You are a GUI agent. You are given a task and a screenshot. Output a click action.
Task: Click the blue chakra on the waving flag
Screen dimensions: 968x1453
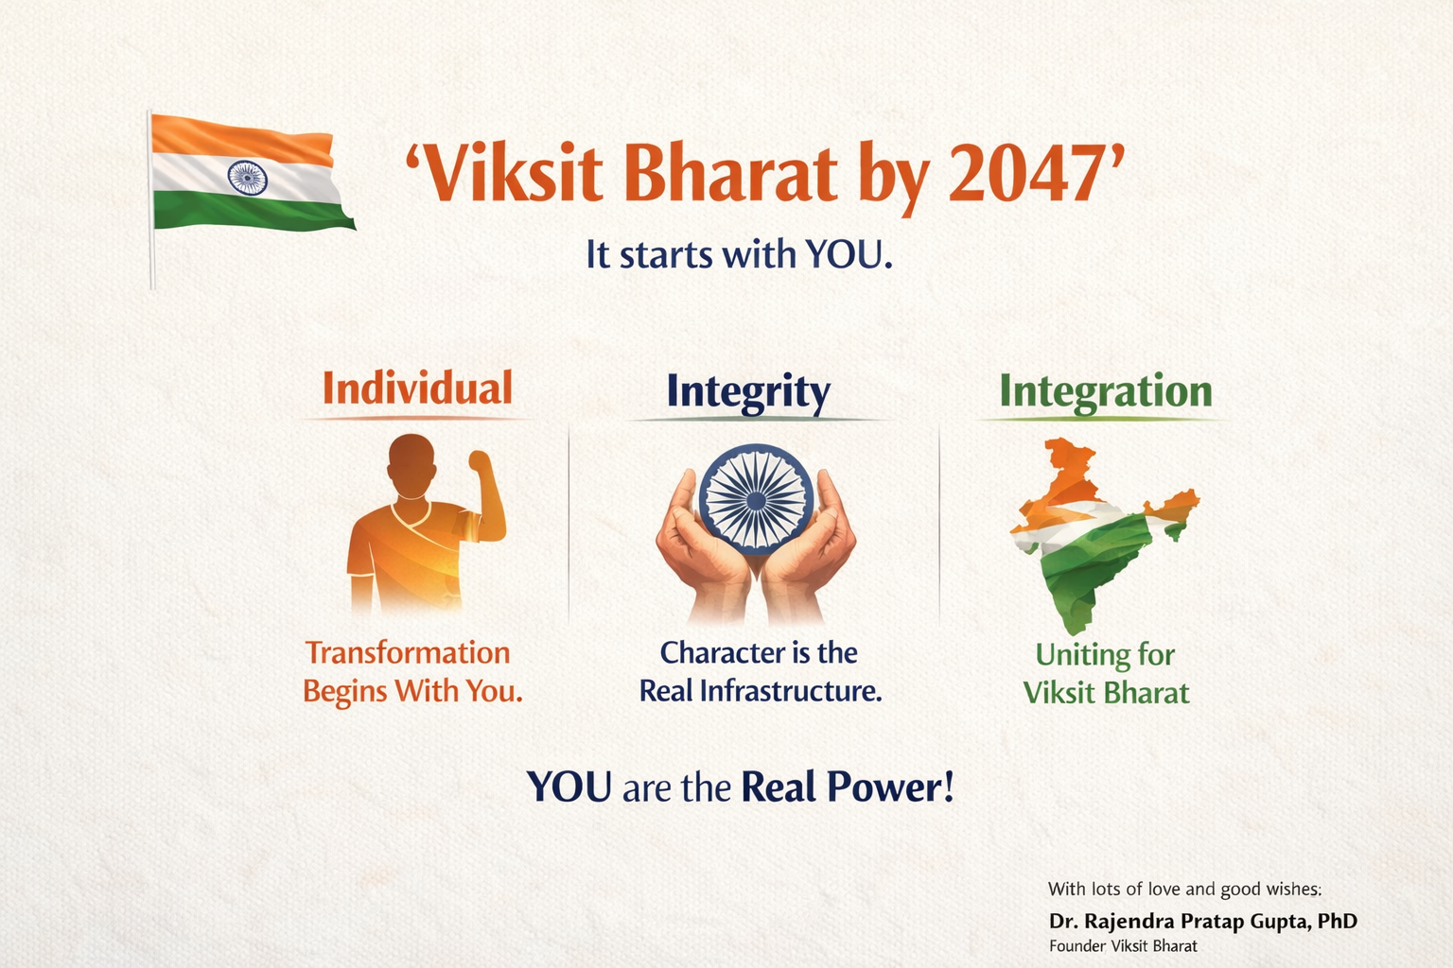coord(247,178)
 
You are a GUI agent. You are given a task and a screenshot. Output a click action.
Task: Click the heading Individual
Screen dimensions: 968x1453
coord(417,389)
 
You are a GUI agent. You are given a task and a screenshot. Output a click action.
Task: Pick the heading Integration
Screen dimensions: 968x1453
coord(1105,391)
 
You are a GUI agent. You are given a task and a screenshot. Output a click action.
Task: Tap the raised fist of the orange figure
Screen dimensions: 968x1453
coord(481,463)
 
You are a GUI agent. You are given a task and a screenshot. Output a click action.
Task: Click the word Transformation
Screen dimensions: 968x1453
coord(408,653)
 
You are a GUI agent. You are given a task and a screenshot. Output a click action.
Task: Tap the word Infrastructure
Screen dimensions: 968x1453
coord(790,691)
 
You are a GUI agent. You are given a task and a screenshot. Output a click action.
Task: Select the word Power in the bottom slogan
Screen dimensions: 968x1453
coord(889,787)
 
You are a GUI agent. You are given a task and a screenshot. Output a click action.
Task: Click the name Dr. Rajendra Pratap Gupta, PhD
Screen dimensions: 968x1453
coord(1202,921)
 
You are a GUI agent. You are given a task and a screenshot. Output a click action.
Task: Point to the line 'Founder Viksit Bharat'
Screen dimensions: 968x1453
coord(1123,946)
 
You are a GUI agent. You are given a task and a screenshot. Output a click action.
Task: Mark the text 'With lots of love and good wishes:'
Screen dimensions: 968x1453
coord(1184,889)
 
